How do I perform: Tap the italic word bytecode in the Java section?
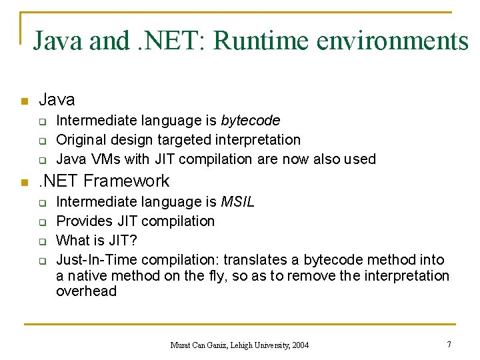click(250, 121)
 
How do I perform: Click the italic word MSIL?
click(238, 201)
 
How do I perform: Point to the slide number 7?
click(449, 344)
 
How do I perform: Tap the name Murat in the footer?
click(181, 345)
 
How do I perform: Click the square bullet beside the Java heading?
click(23, 101)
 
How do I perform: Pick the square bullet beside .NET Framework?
click(23, 182)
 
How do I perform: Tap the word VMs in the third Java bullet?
click(103, 159)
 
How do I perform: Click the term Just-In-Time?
click(95, 259)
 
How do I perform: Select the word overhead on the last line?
click(86, 291)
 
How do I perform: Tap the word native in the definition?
click(85, 275)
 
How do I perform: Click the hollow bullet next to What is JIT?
click(41, 241)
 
